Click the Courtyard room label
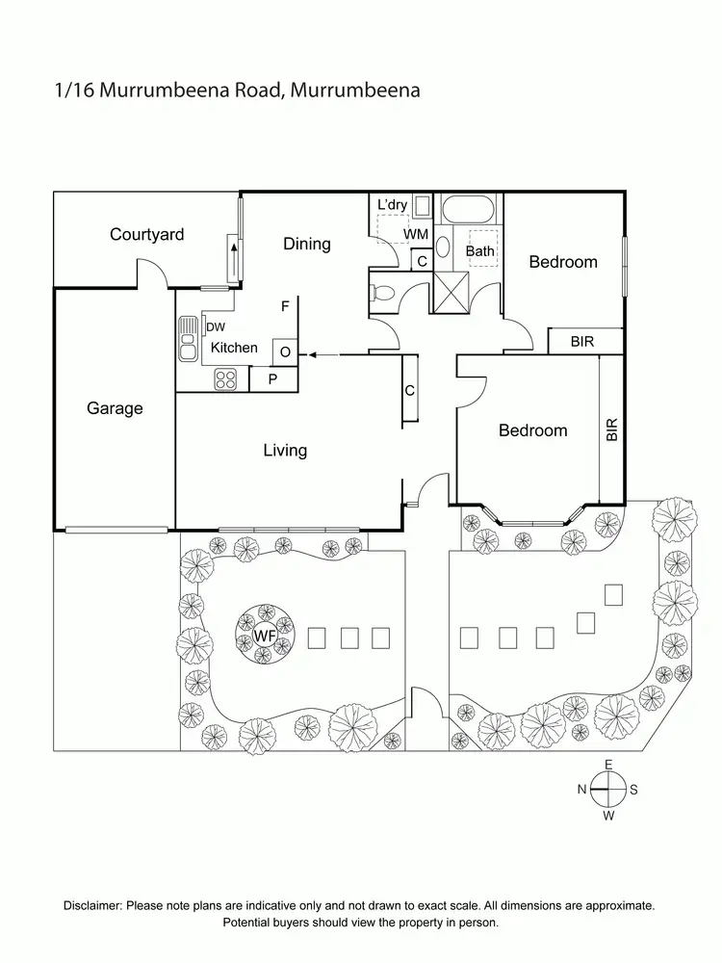click(x=146, y=234)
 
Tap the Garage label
click(x=115, y=408)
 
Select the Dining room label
click(x=306, y=244)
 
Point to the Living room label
click(x=285, y=450)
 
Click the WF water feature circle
click(x=263, y=636)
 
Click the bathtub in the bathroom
click(x=467, y=209)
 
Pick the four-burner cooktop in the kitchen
click(x=225, y=379)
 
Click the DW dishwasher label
click(x=215, y=327)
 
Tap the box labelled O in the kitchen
click(x=285, y=351)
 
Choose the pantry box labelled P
click(x=272, y=379)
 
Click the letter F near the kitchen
click(x=285, y=307)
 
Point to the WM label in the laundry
click(x=415, y=234)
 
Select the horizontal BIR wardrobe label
click(x=581, y=342)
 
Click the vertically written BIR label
click(x=611, y=429)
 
